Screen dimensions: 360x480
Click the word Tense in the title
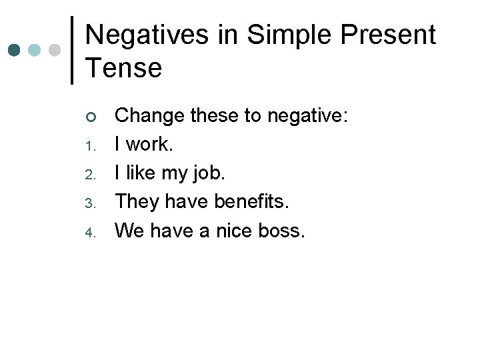coord(123,67)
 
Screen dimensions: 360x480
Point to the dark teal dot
coord(13,50)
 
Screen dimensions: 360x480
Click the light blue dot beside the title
coord(35,50)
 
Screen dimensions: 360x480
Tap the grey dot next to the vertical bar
coord(56,50)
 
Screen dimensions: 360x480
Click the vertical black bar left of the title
coord(72,50)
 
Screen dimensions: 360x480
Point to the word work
coord(148,145)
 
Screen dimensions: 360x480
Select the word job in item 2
coord(208,174)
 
